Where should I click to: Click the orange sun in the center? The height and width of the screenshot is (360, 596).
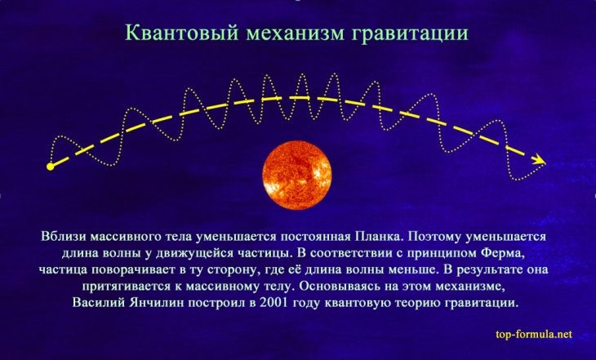pyautogui.click(x=297, y=171)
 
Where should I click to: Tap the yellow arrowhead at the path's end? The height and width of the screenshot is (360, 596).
pyautogui.click(x=538, y=160)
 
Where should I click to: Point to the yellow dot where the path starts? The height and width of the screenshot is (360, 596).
pyautogui.click(x=51, y=167)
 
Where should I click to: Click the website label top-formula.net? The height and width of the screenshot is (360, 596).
pyautogui.click(x=534, y=334)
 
